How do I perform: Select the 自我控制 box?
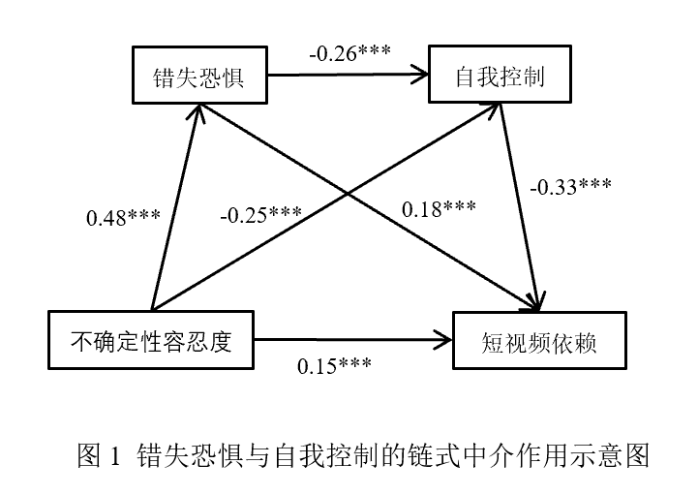click(x=499, y=76)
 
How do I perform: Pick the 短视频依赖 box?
click(x=535, y=340)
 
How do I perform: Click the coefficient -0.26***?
click(x=349, y=50)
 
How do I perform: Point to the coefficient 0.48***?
click(x=123, y=218)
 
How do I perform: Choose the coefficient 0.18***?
click(x=439, y=208)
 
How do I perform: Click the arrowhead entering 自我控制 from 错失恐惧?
click(x=422, y=74)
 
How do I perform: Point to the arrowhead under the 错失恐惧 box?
click(x=197, y=109)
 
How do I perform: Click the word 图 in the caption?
click(x=89, y=455)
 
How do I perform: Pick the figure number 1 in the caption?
click(x=114, y=455)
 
